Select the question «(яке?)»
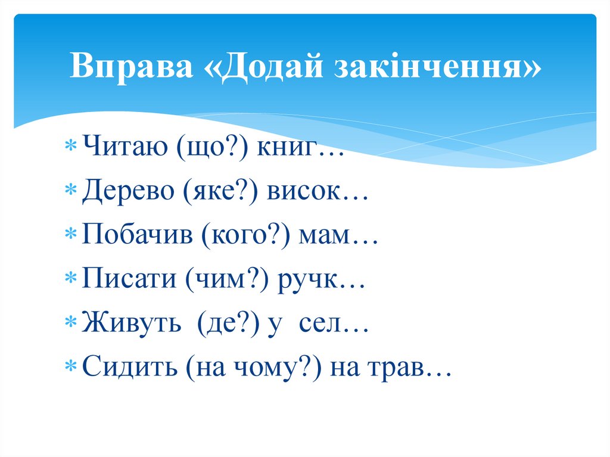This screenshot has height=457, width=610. point(222,192)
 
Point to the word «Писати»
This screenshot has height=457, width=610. point(129,280)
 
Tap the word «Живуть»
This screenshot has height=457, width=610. point(132,325)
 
